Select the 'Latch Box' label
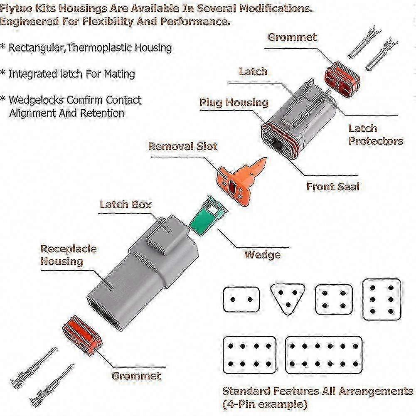[x=126, y=204]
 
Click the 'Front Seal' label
[x=332, y=186]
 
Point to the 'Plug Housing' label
[x=234, y=102]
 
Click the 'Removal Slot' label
[x=183, y=146]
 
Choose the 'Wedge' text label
[x=262, y=254]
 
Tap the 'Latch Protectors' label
[x=376, y=135]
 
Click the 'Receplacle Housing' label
[x=68, y=255]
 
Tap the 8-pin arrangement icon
[x=249, y=355]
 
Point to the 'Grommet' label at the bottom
[x=136, y=376]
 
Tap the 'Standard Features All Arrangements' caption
[x=318, y=391]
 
